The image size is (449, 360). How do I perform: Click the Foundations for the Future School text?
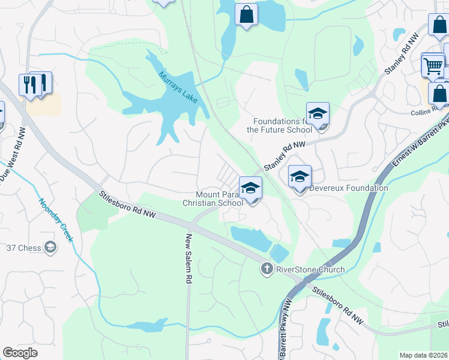point(279,125)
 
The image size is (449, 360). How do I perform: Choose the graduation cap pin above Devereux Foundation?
point(300,176)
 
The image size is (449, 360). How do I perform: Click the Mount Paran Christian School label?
point(213,199)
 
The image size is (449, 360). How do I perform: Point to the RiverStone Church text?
point(310,269)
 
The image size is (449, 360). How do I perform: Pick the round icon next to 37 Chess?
point(51,247)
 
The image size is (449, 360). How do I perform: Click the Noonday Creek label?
point(56,220)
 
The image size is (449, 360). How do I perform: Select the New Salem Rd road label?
point(188,259)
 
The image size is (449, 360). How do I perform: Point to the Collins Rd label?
point(426,112)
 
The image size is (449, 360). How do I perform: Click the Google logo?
point(20,353)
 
